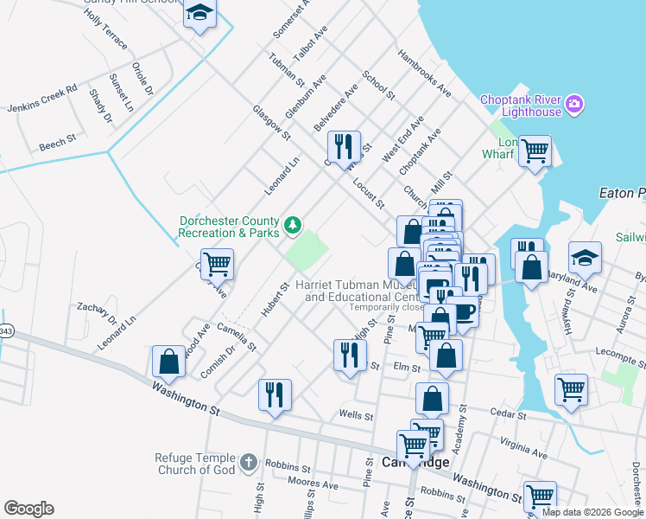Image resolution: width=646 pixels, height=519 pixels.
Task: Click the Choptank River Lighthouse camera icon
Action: tap(574, 106)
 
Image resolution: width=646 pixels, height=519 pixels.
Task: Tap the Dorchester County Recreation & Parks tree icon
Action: tap(294, 225)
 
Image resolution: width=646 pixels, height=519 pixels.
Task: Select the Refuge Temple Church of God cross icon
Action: tap(249, 463)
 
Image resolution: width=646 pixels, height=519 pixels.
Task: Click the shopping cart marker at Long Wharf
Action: tap(535, 151)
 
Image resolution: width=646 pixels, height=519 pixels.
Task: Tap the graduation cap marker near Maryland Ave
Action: tap(585, 256)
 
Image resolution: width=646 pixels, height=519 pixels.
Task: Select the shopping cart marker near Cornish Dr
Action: tap(217, 264)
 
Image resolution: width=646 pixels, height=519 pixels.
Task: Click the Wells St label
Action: tap(356, 416)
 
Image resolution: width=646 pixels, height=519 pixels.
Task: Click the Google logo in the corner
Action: tap(28, 509)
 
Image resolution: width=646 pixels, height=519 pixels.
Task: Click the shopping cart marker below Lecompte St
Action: tap(571, 390)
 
